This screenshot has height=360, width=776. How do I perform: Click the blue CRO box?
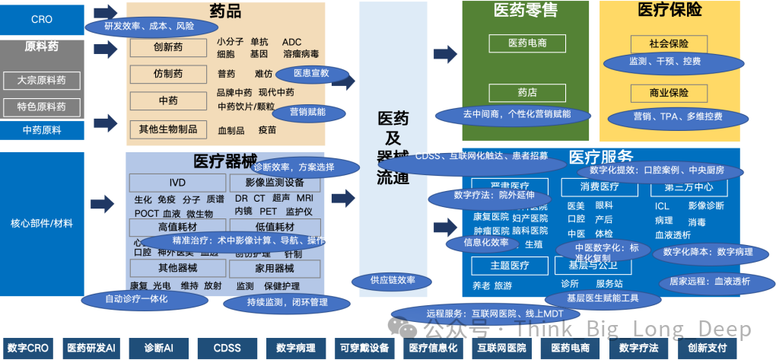[42, 19]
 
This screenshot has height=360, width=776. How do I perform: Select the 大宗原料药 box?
[42, 80]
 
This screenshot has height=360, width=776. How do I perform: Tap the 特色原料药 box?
[42, 107]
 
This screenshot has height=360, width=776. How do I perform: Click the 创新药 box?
[168, 48]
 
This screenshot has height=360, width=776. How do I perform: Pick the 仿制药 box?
[168, 74]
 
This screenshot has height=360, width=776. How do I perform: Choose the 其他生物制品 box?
[168, 129]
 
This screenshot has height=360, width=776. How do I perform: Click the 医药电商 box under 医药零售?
[527, 43]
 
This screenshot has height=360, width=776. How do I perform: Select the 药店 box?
[527, 92]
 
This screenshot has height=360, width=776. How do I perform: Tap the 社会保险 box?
[669, 43]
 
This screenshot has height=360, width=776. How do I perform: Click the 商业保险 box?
[669, 93]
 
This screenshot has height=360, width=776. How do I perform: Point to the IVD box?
[177, 183]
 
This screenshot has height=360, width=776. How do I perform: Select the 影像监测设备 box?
[275, 183]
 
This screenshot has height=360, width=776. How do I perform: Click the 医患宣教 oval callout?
[311, 74]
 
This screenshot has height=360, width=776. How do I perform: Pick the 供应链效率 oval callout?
[393, 280]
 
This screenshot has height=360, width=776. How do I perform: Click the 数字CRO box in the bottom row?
[27, 348]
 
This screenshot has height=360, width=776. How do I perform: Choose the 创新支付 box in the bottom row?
[707, 348]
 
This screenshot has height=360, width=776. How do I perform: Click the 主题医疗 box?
[510, 266]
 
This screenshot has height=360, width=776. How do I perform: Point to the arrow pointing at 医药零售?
[445, 54]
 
